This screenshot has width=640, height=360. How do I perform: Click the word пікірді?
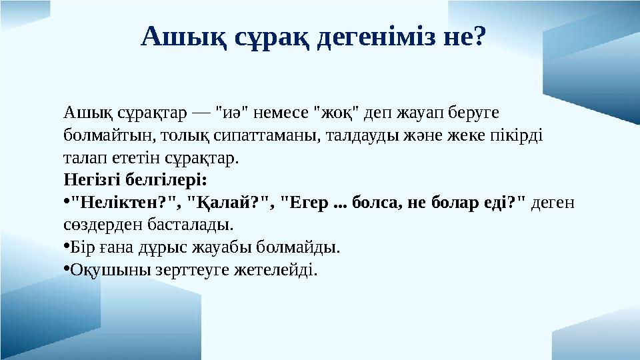[x=518, y=135]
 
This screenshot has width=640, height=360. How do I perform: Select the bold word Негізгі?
[x=93, y=180]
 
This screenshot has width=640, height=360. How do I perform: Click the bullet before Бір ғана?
[x=66, y=248]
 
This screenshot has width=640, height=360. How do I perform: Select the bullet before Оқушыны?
[x=66, y=270]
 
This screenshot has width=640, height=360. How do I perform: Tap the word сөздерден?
[x=101, y=225]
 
